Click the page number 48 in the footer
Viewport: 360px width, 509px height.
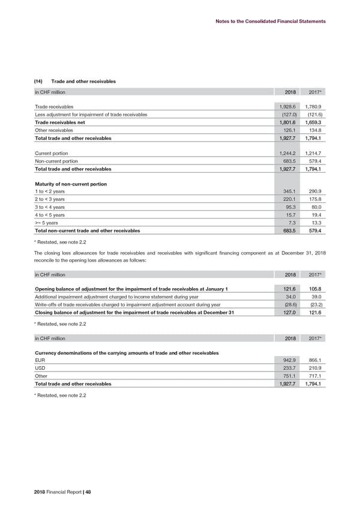pyautogui.click(x=88, y=491)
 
